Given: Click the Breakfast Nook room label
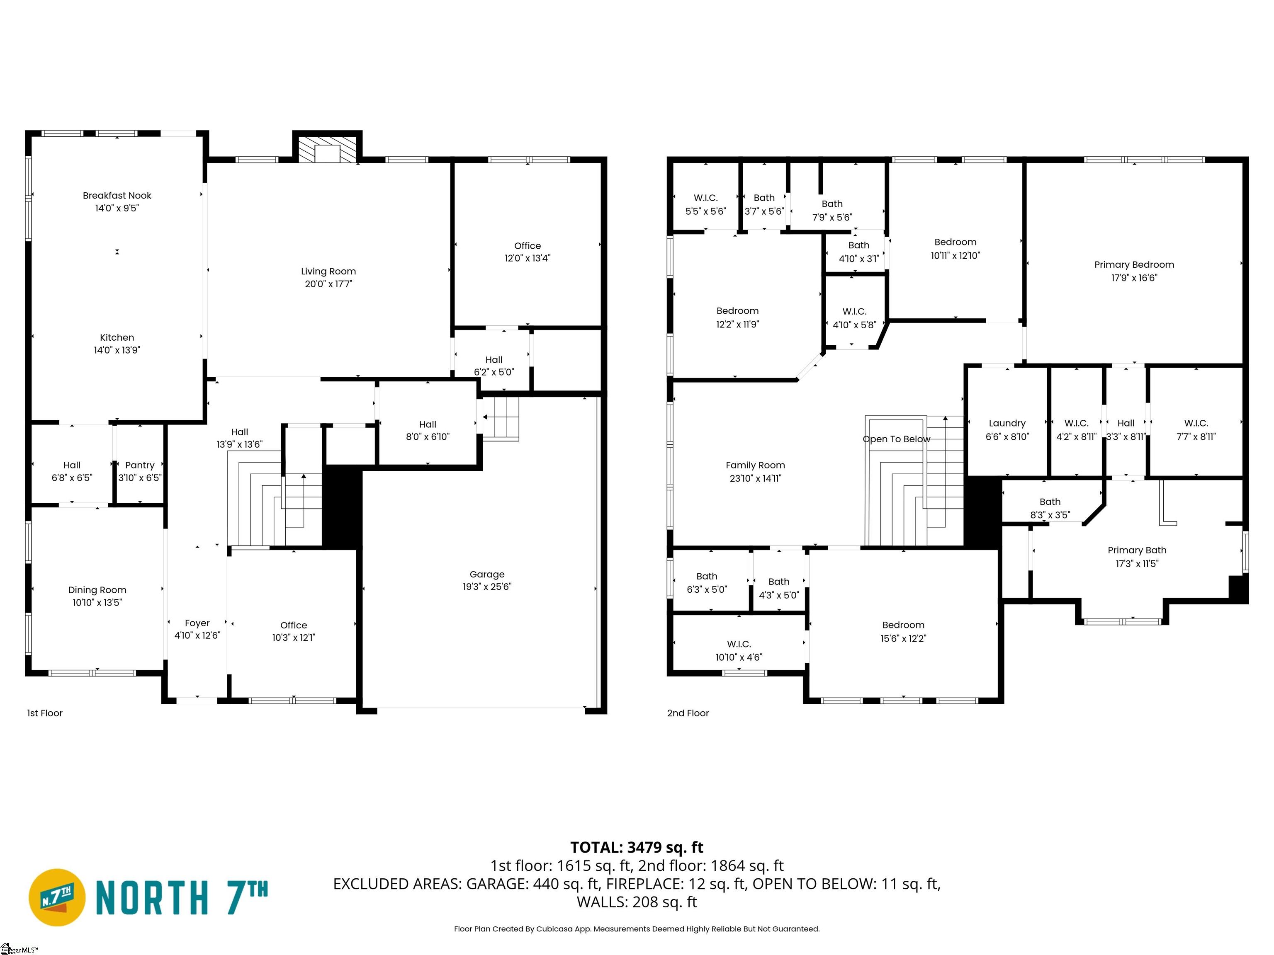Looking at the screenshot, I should point(117,196).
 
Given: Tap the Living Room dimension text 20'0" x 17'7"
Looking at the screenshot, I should point(328,284).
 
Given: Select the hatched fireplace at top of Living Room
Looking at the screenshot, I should point(328,148).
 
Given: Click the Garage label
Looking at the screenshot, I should point(487,574).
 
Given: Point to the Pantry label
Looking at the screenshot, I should point(140,465).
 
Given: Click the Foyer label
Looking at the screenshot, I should point(197,623).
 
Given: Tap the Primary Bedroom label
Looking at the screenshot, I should point(1133,265).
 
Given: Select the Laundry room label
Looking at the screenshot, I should point(1007,423).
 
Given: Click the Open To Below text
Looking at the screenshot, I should point(896,439).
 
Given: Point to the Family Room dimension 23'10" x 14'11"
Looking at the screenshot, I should point(755,478).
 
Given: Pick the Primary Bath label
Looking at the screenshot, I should point(1136,550).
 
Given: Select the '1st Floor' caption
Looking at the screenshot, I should point(45,713).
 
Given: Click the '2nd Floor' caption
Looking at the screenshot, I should point(688,713).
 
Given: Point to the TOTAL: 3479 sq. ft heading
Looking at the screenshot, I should point(637,847).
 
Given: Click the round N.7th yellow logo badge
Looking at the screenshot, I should point(57,897).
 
